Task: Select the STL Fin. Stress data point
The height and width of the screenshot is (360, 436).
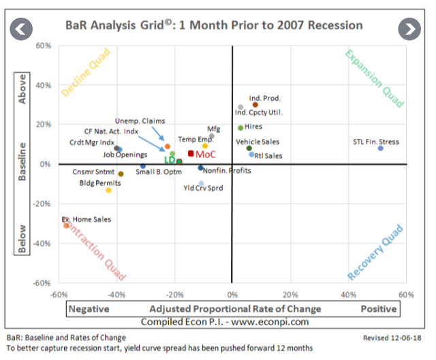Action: coord(380,148)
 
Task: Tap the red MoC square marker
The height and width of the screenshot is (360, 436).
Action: coord(191,153)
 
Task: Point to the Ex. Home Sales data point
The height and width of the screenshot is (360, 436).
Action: coord(66,225)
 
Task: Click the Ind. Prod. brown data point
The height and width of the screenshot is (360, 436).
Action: coord(255,105)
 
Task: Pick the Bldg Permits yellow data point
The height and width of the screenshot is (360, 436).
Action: coord(108,190)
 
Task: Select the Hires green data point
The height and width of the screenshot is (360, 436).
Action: coord(240,127)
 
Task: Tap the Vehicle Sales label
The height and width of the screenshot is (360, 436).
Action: coord(258,142)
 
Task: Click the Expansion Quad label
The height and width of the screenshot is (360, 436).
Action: coord(374,78)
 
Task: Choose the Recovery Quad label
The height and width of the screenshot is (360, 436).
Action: coord(375,251)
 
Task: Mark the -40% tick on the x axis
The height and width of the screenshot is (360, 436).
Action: coord(116,294)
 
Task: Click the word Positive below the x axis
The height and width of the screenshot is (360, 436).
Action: coord(378,309)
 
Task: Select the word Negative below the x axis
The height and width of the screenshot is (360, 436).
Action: coord(89,309)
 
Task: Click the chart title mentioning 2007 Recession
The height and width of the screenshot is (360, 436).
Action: coord(214,26)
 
